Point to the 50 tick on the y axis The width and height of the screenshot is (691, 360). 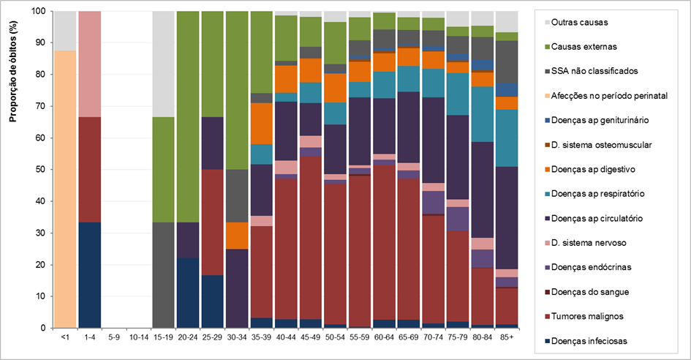41,170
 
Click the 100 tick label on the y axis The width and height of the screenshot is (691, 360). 39,12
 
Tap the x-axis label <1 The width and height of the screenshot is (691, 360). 66,338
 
